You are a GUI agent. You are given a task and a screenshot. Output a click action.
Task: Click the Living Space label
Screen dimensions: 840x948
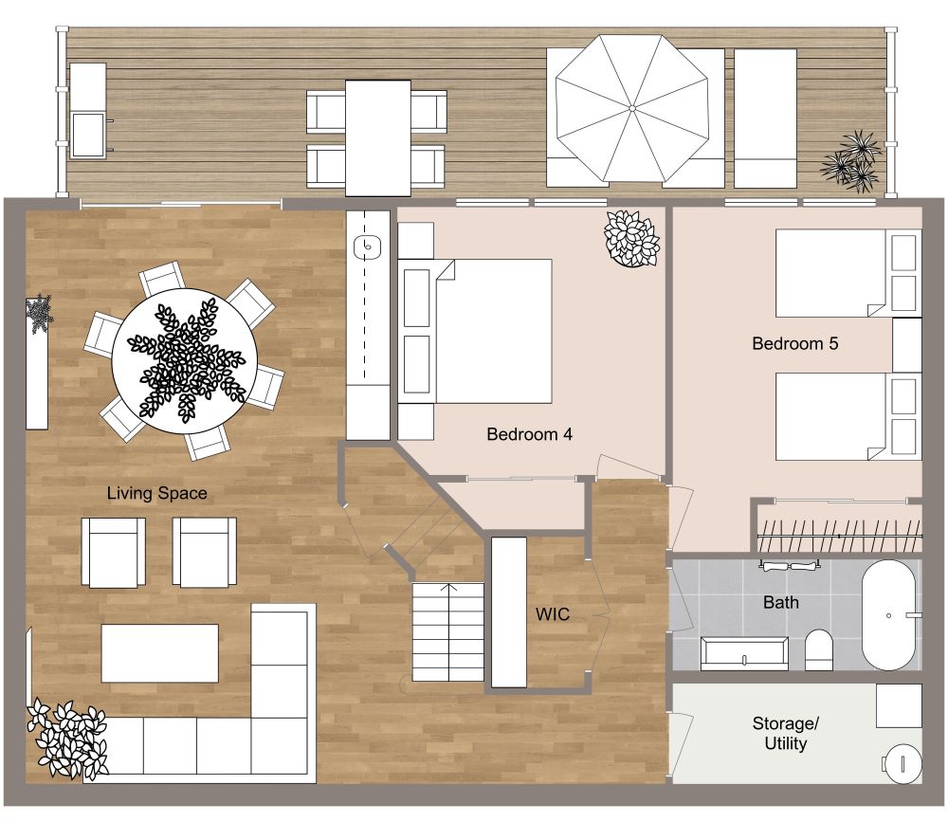click(156, 493)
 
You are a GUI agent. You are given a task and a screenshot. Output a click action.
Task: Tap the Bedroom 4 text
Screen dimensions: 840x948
click(529, 434)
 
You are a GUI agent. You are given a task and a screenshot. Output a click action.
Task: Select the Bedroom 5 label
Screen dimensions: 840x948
click(794, 343)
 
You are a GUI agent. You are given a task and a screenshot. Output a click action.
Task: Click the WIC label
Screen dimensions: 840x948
click(552, 614)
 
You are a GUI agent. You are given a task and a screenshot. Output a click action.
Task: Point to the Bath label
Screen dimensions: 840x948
click(780, 602)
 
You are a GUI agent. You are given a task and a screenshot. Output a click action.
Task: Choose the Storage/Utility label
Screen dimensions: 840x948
click(785, 734)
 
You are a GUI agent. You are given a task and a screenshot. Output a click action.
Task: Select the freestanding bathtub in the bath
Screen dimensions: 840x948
click(888, 615)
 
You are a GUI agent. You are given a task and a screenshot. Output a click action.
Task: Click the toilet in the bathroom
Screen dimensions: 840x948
click(818, 650)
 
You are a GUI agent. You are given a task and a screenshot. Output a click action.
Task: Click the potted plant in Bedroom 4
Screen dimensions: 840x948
click(631, 238)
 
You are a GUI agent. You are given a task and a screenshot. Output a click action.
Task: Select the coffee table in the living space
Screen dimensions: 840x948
click(159, 652)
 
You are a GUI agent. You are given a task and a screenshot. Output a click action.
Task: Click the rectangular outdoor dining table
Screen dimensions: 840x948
click(376, 137)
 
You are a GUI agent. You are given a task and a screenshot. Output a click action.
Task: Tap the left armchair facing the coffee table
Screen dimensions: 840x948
click(113, 552)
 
